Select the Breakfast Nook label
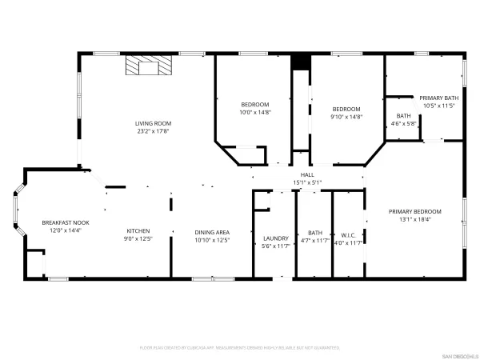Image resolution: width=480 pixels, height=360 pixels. coord(66,222)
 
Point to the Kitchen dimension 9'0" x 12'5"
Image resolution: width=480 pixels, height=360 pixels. coord(138,238)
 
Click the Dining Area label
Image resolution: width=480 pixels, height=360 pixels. coord(212,232)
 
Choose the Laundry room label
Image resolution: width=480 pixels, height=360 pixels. coord(275,238)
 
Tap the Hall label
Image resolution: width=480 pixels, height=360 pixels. coord(307,174)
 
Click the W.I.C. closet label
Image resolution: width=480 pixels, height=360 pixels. coord(347,235)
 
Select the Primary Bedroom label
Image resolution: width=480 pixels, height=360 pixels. coord(414,211)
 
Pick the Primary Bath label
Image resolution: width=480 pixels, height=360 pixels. coord(439,98)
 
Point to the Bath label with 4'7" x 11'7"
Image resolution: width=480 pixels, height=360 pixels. coord(314,233)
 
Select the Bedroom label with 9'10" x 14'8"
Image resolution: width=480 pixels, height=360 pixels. coord(346,109)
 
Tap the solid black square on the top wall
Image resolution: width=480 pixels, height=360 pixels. coord(300,62)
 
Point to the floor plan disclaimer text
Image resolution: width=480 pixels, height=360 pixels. coord(240,348)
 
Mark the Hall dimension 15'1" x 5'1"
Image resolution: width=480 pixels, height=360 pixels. coord(307,182)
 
